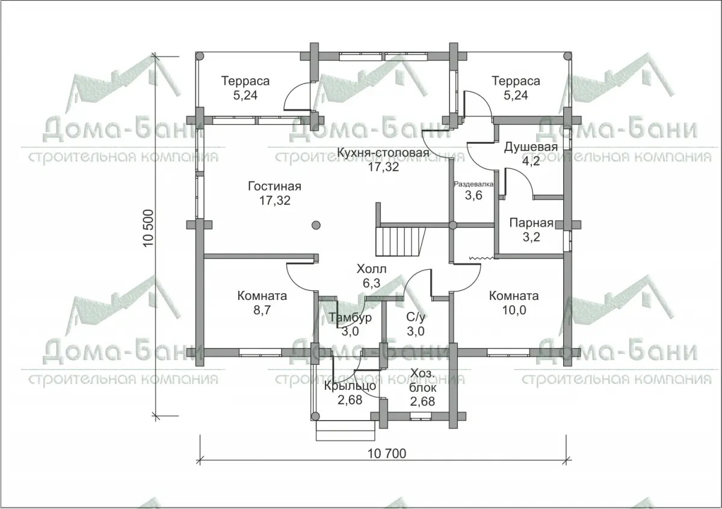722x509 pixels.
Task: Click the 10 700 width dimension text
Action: click(387, 453)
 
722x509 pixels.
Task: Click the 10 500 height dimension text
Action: click(149, 228)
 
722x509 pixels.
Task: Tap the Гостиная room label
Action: click(274, 186)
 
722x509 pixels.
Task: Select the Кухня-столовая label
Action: click(383, 152)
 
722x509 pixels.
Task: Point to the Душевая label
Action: click(531, 147)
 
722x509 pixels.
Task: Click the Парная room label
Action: click(531, 223)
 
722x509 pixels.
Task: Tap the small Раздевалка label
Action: click(474, 184)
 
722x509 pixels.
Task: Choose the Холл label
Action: click(371, 269)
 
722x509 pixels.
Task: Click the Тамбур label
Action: click(350, 317)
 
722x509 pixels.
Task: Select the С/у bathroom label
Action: click(416, 317)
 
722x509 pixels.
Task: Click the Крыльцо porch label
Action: click(350, 386)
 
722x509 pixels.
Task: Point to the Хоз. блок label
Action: click(422, 380)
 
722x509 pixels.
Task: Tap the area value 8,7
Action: click(262, 310)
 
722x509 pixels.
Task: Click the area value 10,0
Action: click(514, 310)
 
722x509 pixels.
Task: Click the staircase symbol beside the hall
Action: click(400, 242)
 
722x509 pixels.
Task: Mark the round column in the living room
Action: click(316, 225)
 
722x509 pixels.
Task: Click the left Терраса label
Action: click(245, 81)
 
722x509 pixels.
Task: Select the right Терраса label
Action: click(516, 81)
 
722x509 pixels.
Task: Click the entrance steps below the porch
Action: click(345, 430)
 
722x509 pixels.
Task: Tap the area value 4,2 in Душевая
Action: click(531, 161)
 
